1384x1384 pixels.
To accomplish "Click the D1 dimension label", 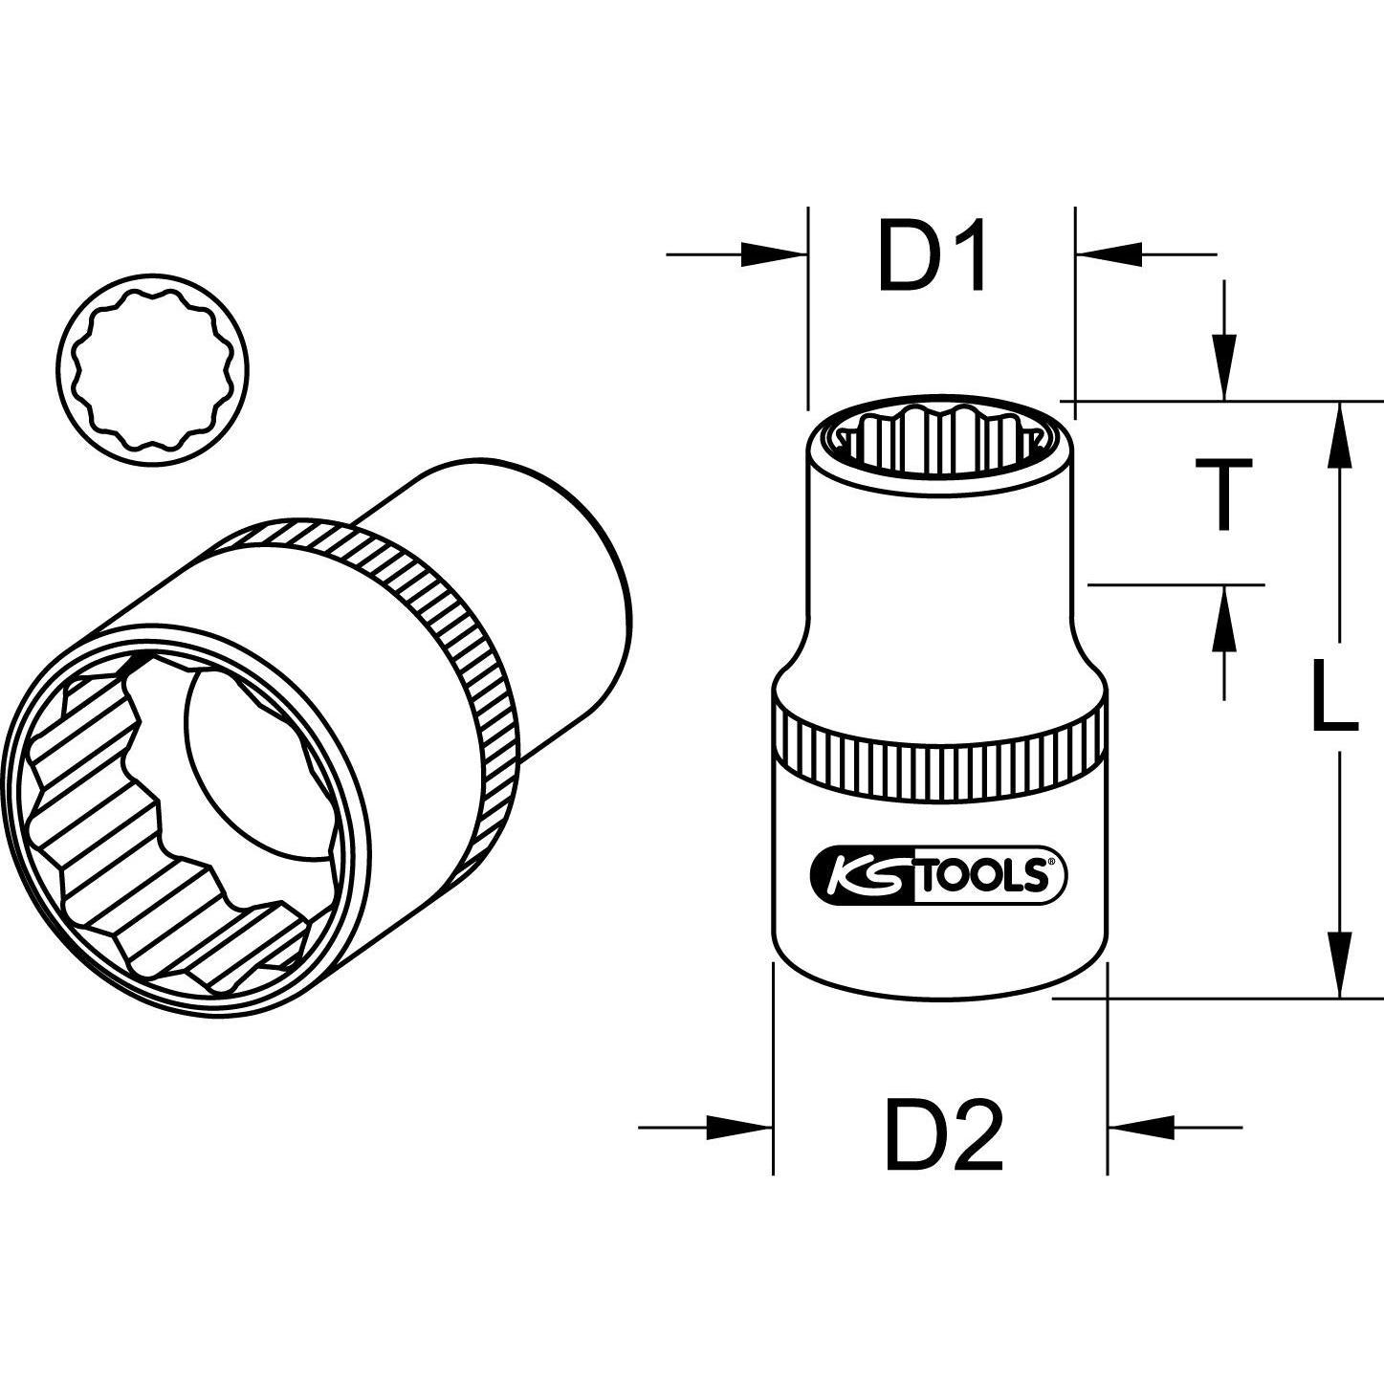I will click(933, 257).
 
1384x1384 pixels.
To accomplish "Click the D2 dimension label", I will click(944, 1135).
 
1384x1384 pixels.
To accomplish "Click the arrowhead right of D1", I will click(1109, 254).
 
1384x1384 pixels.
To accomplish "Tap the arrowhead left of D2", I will click(738, 1127).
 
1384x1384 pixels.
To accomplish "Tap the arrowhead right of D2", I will click(1141, 1127).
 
